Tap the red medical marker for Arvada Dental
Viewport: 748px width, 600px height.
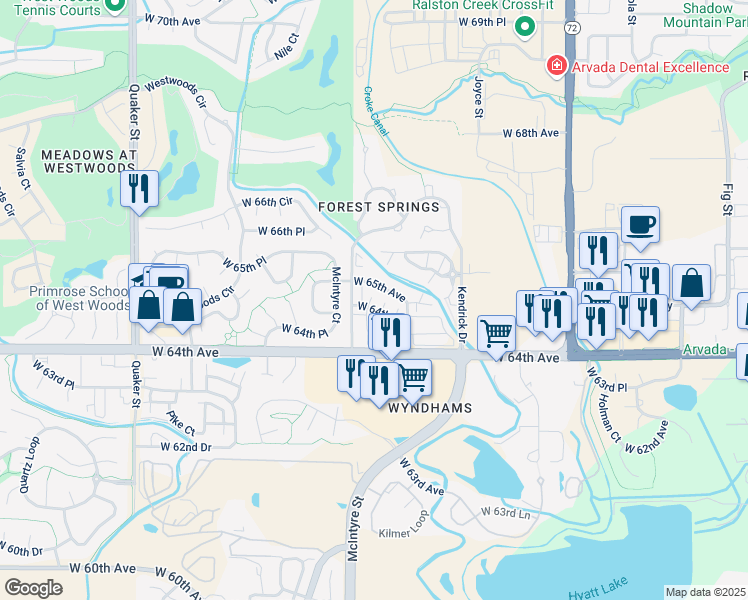tap(553, 67)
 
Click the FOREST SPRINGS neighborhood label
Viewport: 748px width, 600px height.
tap(379, 207)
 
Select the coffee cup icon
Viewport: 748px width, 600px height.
tap(639, 223)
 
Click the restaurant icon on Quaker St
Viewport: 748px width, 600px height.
tap(139, 187)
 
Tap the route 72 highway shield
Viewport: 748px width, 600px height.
tap(570, 27)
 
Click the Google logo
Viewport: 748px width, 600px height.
tap(33, 587)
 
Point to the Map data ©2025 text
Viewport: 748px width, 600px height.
tap(705, 592)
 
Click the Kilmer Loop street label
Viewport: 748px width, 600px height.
tap(403, 533)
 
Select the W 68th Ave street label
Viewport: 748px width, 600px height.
tap(530, 133)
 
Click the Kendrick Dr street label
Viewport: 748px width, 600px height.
tap(462, 314)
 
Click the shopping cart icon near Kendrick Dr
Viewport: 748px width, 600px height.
tap(496, 332)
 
